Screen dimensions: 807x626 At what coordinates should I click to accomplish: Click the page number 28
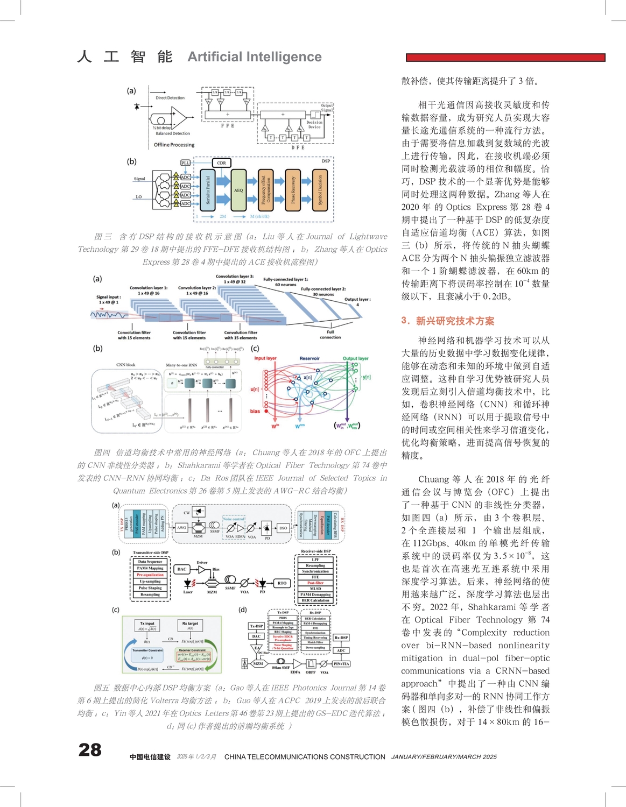90,749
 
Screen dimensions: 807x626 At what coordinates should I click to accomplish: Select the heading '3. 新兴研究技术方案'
448,321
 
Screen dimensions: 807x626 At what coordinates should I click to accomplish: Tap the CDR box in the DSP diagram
221,162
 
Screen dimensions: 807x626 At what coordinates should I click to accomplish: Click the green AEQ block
238,190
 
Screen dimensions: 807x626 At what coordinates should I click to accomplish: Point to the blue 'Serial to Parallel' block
208,190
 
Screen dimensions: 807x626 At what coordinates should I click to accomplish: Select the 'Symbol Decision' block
320,190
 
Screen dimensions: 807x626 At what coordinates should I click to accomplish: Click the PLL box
185,162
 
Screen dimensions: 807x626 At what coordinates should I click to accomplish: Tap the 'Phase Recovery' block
293,190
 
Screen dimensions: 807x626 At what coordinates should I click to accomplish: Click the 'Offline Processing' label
174,145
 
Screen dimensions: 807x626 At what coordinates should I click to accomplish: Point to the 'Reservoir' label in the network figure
310,358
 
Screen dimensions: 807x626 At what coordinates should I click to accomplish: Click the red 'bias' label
255,412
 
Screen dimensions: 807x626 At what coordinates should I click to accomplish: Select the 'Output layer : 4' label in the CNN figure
357,302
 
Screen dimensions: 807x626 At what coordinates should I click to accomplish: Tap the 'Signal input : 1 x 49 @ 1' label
108,300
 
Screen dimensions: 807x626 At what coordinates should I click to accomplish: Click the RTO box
282,583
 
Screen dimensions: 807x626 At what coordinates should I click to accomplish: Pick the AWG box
181,528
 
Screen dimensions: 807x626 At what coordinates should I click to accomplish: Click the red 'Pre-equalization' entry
150,575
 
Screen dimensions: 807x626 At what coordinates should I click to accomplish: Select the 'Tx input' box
147,625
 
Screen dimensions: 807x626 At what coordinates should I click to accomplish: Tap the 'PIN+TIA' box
342,664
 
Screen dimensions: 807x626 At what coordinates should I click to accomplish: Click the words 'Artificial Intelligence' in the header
255,57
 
